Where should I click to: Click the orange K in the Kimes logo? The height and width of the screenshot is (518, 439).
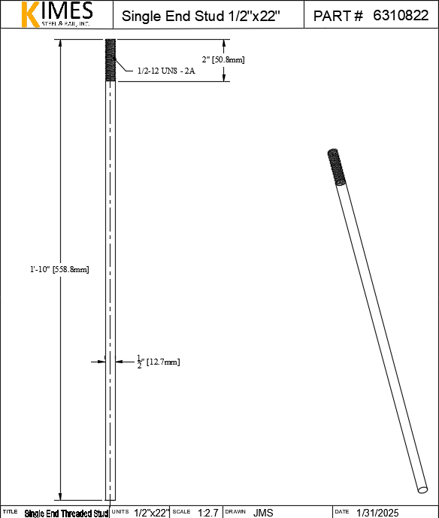pos(30,14)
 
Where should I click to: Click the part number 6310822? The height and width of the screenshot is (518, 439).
pos(401,16)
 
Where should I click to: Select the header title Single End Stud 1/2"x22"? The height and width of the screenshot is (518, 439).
pos(201,16)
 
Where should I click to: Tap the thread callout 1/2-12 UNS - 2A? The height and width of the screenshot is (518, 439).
pos(166,71)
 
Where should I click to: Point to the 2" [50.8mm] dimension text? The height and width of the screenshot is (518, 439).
pos(223,59)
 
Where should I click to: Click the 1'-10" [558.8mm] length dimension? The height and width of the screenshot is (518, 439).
pos(59,269)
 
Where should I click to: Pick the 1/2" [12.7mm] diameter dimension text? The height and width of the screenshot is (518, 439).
pos(159,362)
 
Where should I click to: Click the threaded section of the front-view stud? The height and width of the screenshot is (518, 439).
pos(111,60)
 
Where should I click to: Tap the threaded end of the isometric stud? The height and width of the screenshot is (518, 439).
pos(337,167)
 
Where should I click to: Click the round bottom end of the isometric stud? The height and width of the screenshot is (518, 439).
pos(422,489)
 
